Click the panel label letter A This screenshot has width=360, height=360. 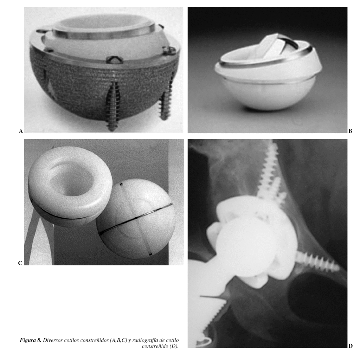(21, 131)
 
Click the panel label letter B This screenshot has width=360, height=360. (350, 131)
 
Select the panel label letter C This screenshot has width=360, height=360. (20, 263)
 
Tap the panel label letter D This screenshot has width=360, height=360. (351, 346)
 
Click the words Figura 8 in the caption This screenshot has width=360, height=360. (31, 340)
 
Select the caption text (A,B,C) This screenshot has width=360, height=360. (118, 340)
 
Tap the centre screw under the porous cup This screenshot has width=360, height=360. (112, 105)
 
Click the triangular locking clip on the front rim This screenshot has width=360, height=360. (115, 59)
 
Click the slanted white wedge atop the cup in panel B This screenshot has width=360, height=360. (271, 47)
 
